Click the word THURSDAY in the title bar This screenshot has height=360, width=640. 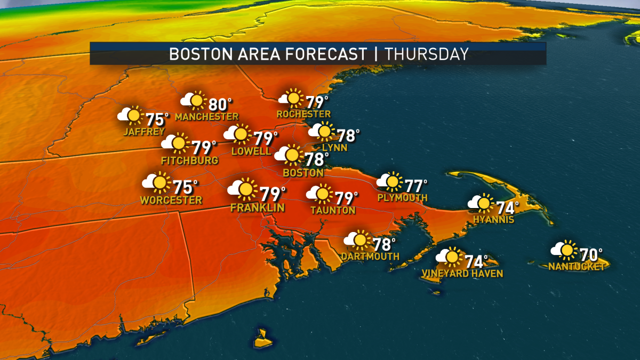[x=427, y=54]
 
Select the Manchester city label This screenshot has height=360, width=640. [x=206, y=116]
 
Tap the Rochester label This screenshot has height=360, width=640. [x=303, y=114]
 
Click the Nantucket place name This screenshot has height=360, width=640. [x=577, y=266]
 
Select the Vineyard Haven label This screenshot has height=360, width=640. [x=462, y=274]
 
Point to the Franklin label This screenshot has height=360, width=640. [x=258, y=207]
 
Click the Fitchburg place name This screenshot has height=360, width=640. [x=189, y=161]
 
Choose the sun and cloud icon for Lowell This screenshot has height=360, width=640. [x=238, y=134]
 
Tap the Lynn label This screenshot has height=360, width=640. [x=335, y=147]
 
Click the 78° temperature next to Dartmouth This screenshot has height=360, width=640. [x=384, y=245]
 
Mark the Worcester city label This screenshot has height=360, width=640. [x=171, y=201]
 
